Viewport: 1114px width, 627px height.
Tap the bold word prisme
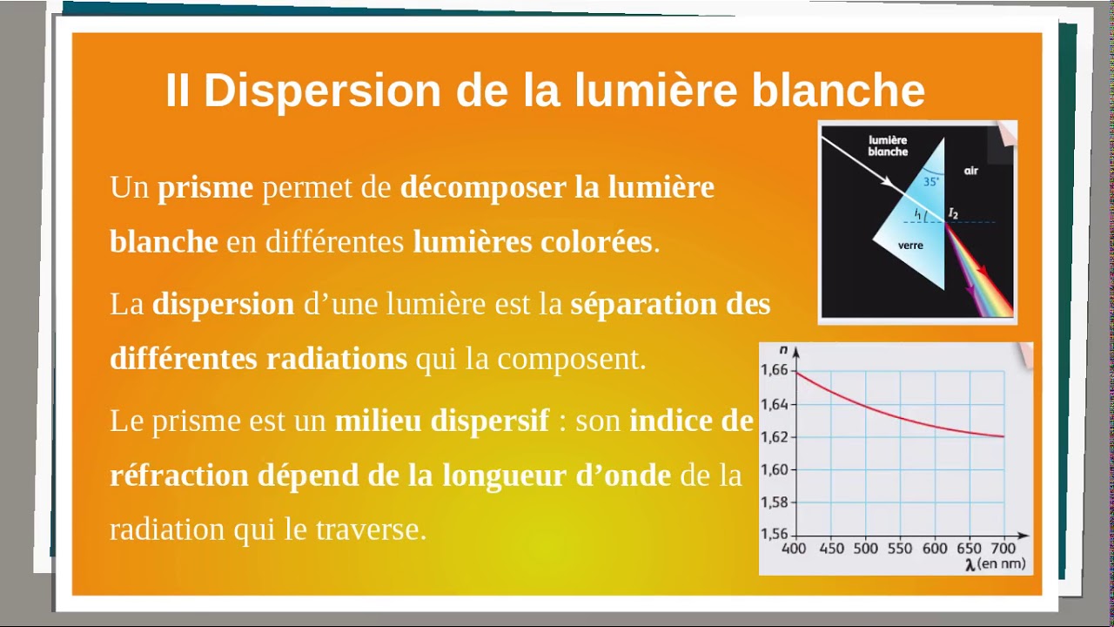pos(205,187)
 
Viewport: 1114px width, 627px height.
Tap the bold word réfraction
pos(178,475)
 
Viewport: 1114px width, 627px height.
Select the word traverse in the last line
pos(377,529)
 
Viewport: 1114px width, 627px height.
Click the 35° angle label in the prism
pos(931,182)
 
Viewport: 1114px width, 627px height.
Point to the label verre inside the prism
pos(909,246)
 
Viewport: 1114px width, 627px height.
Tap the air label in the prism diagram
pos(970,171)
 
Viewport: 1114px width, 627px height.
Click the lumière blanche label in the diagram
pos(888,145)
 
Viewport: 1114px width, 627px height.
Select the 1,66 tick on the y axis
pos(774,371)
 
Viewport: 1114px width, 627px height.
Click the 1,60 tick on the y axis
pos(774,470)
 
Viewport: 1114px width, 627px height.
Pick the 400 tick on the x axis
pos(794,549)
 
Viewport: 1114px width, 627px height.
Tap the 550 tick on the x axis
pos(900,549)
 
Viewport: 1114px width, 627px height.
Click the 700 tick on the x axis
pos(1003,549)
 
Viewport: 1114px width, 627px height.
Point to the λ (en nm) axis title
pos(997,564)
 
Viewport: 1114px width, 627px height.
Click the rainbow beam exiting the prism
pos(983,279)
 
